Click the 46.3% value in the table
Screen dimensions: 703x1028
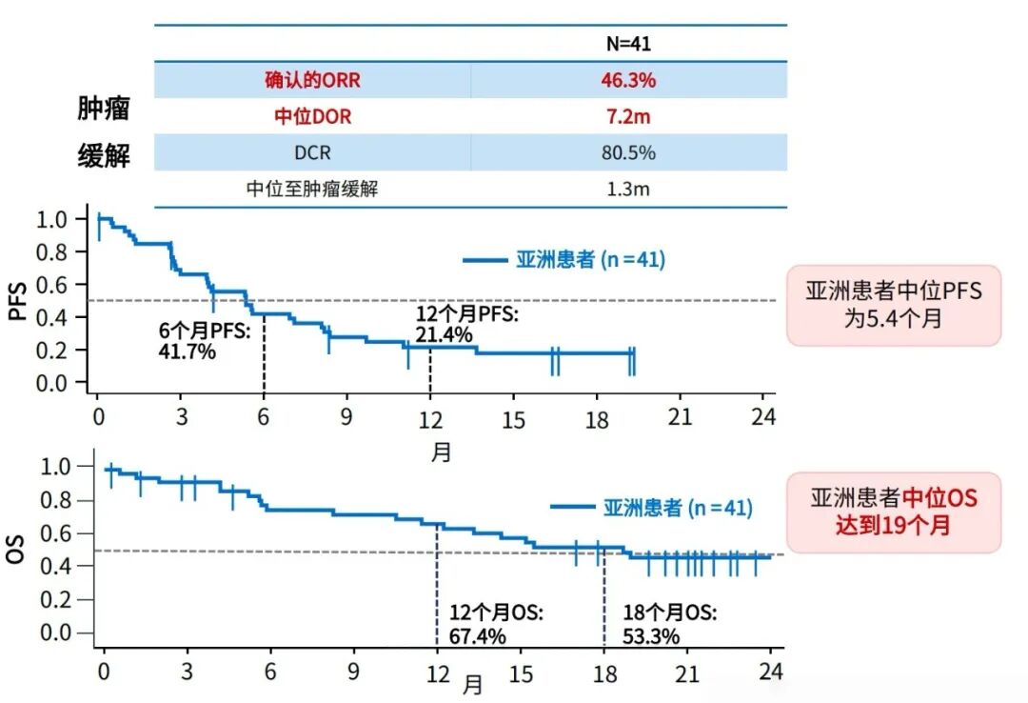(627, 80)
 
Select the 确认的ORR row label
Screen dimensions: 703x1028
(312, 80)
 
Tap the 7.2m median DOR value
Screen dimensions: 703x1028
(627, 116)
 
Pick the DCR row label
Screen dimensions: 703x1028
(312, 152)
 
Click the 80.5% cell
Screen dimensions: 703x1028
(627, 152)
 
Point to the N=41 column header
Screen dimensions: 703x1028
(628, 44)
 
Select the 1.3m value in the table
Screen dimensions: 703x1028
(627, 189)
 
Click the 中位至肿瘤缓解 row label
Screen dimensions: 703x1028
(312, 189)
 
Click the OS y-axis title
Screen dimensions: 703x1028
(16, 550)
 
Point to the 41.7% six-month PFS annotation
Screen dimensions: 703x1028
(188, 351)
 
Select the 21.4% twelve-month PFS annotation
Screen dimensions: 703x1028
(444, 334)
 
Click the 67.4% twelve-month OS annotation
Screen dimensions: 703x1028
(477, 636)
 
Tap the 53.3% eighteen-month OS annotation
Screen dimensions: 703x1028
(651, 636)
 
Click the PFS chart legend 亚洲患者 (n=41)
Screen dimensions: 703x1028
(563, 259)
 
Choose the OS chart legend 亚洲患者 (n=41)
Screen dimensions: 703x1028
(651, 508)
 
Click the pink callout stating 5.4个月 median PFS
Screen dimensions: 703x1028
(893, 305)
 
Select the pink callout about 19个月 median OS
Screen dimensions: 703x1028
(893, 512)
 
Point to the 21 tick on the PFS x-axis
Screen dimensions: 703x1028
(679, 418)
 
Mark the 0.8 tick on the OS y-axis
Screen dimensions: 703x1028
(60, 499)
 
